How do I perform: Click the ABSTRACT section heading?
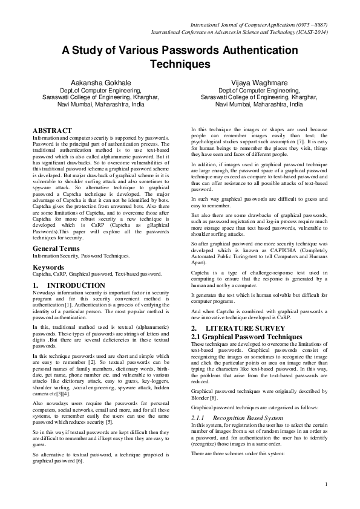tap(53, 130)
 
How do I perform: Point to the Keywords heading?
tap(48, 267)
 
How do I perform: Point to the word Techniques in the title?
tap(179, 63)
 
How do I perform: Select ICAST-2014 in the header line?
tap(310, 32)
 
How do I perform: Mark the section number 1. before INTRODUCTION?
tap(34, 285)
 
